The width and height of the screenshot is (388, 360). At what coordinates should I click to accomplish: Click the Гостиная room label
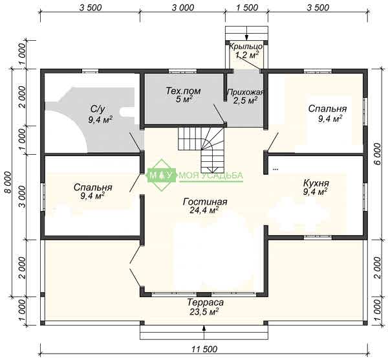click(205, 202)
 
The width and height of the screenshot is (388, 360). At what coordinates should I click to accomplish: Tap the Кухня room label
click(316, 184)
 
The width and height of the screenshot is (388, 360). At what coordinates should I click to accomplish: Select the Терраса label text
click(206, 302)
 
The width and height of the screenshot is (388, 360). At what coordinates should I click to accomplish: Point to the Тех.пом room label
click(183, 91)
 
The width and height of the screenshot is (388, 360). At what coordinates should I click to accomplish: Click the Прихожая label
click(245, 92)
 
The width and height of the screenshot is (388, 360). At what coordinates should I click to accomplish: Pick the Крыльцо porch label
click(246, 47)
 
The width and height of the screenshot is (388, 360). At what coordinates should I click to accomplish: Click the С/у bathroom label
click(98, 109)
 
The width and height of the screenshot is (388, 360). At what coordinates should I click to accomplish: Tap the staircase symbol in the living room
click(201, 150)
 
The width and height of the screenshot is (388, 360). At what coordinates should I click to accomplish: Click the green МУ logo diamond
click(162, 175)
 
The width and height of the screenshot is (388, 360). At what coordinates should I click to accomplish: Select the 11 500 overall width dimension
click(204, 350)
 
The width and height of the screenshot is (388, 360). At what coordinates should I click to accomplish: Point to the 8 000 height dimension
click(8, 182)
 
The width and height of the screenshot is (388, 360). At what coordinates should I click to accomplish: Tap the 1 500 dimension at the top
click(247, 8)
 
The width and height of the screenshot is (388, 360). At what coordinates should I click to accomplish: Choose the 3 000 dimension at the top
click(183, 8)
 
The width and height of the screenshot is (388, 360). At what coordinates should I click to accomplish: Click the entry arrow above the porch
click(246, 34)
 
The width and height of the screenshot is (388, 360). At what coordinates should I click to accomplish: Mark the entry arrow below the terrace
click(204, 333)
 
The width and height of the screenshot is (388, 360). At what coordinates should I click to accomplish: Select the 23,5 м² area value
click(204, 311)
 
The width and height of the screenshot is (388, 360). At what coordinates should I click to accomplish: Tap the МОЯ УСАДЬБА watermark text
click(211, 175)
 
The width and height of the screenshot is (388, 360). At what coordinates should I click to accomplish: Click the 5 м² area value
click(184, 100)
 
